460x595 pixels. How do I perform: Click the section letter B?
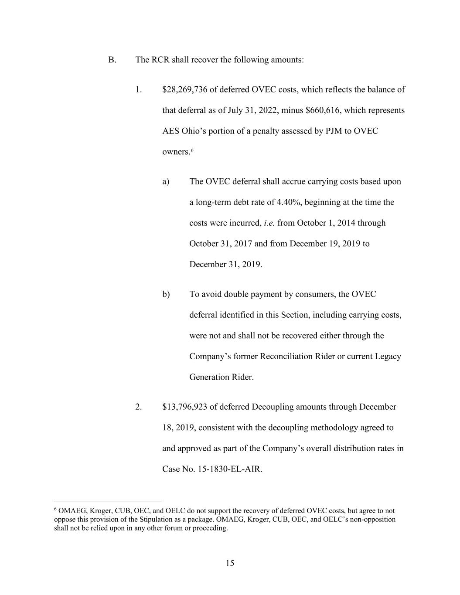[112, 60]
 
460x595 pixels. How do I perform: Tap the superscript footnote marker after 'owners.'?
[192, 150]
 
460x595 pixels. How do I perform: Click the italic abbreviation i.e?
[269, 223]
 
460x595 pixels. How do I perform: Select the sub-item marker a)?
[166, 182]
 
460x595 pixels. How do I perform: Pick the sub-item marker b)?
[166, 295]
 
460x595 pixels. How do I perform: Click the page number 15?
[230, 563]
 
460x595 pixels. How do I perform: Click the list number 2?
[139, 407]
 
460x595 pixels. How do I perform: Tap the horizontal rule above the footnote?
[108, 502]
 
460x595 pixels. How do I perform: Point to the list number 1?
[139, 90]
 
